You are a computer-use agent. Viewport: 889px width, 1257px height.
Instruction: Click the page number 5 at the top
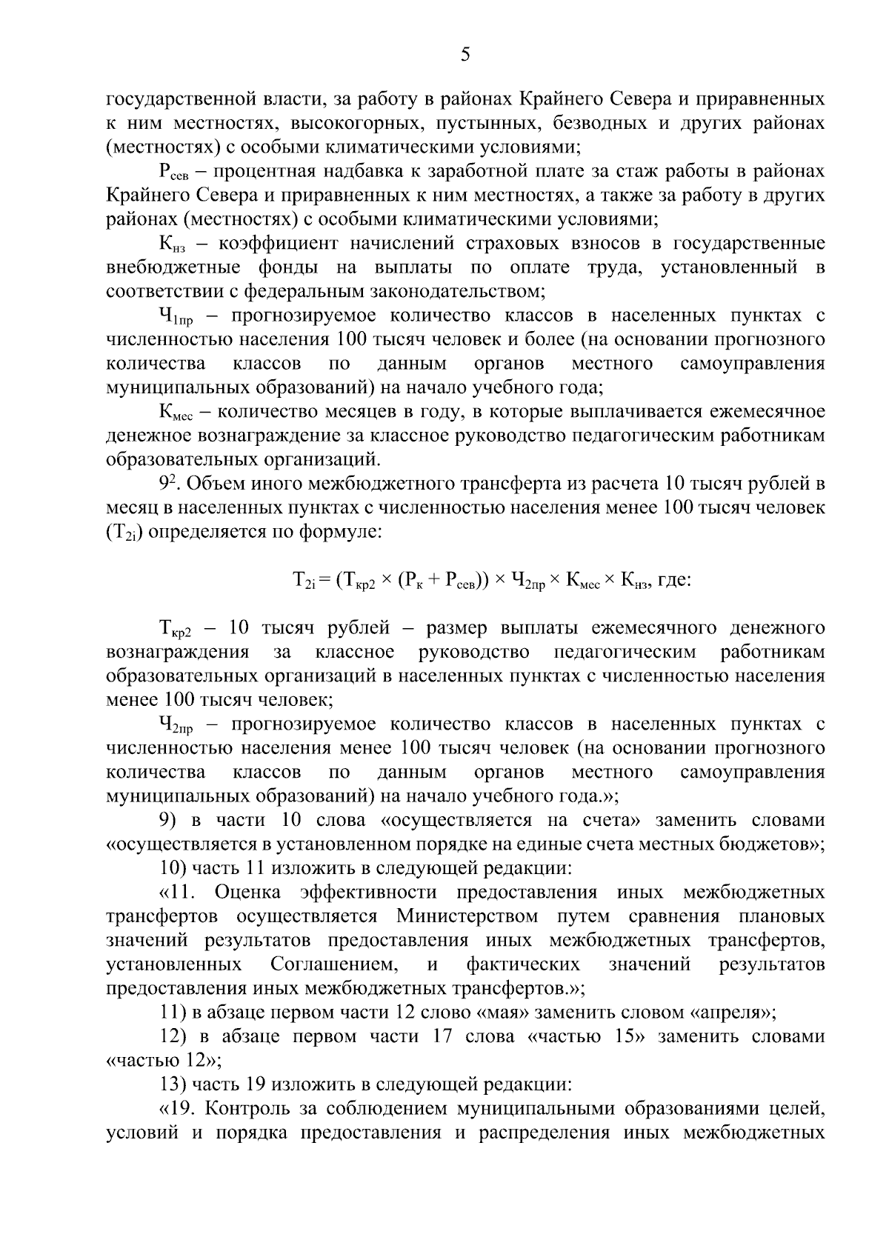click(x=465, y=54)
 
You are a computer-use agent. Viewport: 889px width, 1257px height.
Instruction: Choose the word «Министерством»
click(x=467, y=916)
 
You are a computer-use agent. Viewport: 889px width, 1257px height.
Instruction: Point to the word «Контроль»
click(x=238, y=1109)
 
